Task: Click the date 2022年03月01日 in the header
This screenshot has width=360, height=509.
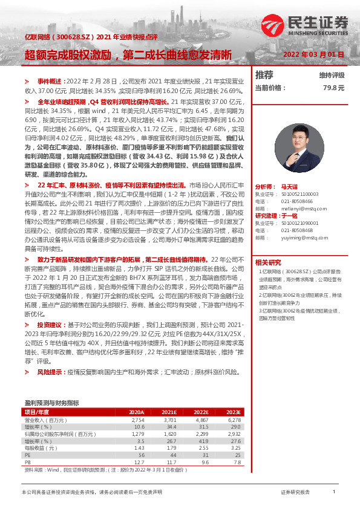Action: tap(314, 54)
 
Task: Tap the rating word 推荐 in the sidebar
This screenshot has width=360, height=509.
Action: tap(264, 75)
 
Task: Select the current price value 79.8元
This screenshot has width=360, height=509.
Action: tap(333, 88)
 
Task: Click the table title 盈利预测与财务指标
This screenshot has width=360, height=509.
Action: tap(51, 402)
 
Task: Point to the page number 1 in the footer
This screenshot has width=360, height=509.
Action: tap(334, 493)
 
